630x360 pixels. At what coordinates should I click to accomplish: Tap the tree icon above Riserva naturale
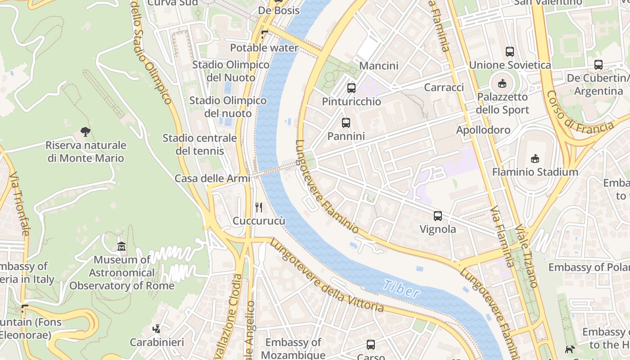[85, 132]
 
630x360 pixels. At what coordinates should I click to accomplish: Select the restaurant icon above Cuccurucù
[259, 207]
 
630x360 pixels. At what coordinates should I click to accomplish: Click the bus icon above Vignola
[437, 216]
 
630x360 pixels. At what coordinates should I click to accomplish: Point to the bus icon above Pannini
[346, 122]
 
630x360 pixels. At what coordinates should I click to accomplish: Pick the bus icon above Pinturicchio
[351, 88]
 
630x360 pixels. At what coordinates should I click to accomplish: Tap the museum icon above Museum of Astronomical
[121, 246]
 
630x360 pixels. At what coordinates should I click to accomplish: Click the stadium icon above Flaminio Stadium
[535, 158]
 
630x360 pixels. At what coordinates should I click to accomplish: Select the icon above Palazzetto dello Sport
[502, 83]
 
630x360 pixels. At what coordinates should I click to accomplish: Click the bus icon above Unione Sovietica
[509, 52]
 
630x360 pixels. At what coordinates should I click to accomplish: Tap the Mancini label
[378, 66]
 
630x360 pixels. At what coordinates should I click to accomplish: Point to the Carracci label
[444, 87]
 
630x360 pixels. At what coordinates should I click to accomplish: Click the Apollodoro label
[483, 130]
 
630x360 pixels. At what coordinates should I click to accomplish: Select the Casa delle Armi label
[212, 178]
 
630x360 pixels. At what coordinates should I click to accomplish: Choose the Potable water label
[264, 48]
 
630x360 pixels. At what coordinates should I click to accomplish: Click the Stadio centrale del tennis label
[199, 144]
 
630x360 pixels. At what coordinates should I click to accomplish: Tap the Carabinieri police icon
[156, 329]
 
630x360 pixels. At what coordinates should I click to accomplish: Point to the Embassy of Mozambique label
[293, 348]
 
